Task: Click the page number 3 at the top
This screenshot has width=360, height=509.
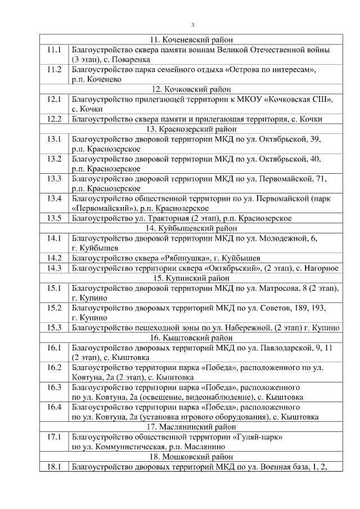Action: coord(193,25)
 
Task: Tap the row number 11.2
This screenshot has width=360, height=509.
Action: coord(54,70)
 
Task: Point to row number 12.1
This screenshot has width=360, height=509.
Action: coord(54,100)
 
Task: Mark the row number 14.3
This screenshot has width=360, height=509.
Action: coord(54,268)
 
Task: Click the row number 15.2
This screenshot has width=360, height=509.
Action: coord(54,308)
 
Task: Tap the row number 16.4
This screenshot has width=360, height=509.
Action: coord(54,407)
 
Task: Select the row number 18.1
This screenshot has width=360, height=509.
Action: coord(54,466)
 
